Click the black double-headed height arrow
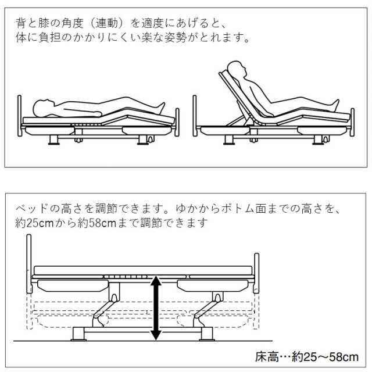coord(155,308)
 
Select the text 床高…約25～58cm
coord(306,356)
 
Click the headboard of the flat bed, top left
coord(20,113)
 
